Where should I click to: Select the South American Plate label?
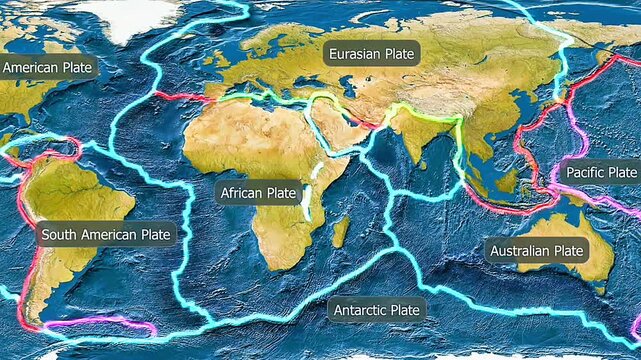(x=106, y=235)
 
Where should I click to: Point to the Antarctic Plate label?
(x=377, y=310)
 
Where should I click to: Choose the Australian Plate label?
(x=535, y=250)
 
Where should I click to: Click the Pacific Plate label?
(x=600, y=172)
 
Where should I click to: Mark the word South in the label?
(x=59, y=235)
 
